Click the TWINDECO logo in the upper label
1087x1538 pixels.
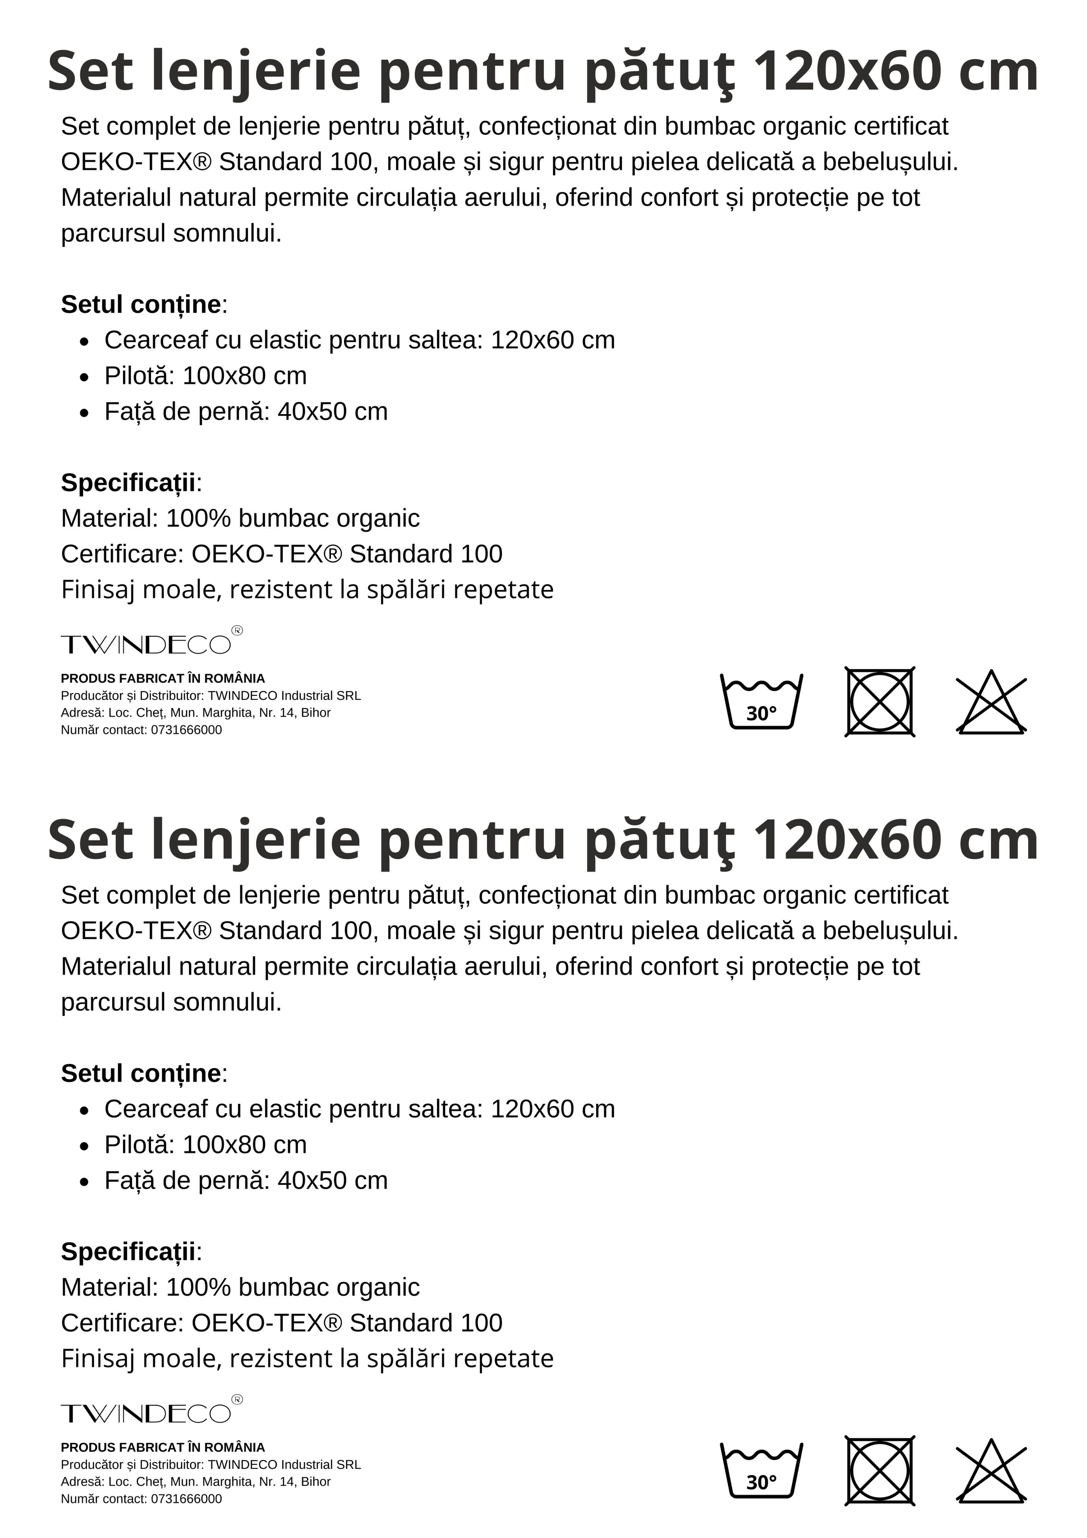[151, 642]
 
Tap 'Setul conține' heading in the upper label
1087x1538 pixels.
[141, 305]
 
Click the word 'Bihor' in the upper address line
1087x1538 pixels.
[316, 713]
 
